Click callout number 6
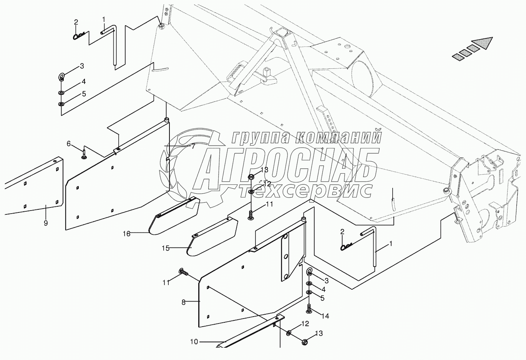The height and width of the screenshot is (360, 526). [69, 144]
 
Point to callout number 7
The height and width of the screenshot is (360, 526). [193, 146]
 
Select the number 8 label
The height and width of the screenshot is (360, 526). [184, 302]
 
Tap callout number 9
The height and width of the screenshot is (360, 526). [46, 223]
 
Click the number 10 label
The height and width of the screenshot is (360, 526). [194, 342]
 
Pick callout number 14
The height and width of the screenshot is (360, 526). [325, 316]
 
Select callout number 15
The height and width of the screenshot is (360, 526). [165, 248]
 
